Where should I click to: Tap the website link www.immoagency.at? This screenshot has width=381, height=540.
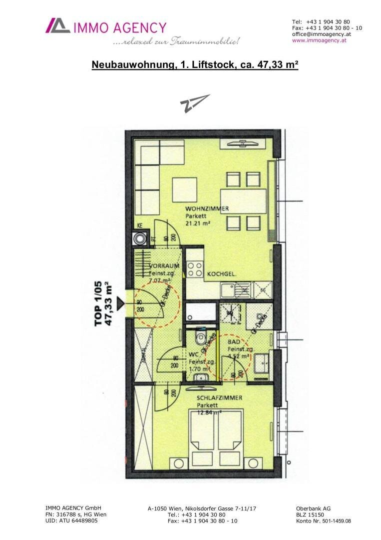[x=319, y=40]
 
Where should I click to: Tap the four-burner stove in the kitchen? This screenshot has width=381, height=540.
[x=195, y=269]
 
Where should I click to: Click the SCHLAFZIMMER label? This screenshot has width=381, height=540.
[x=220, y=398]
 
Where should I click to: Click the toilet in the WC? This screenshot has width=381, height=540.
[x=201, y=336]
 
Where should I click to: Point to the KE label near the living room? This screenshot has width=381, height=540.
[x=140, y=225]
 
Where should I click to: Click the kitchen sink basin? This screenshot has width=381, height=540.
[x=230, y=289]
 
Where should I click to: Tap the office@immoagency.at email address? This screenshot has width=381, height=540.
[x=322, y=34]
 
